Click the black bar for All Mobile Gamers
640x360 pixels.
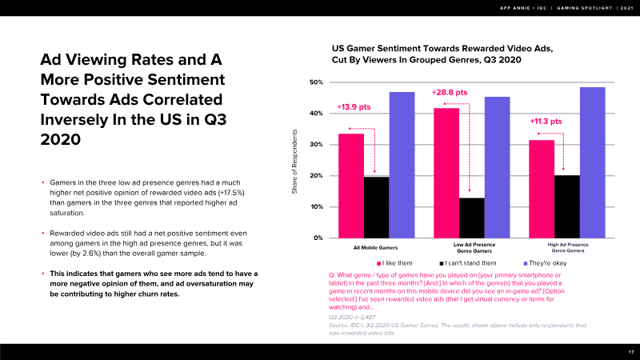coord(376,207)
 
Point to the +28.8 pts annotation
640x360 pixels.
coord(449,93)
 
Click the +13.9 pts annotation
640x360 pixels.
coord(354,106)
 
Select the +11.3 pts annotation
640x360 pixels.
coord(546,122)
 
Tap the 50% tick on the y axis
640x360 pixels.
coord(315,82)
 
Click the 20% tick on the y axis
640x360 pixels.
coord(315,176)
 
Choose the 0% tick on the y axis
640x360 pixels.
coord(318,238)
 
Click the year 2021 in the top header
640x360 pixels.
coord(622,9)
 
